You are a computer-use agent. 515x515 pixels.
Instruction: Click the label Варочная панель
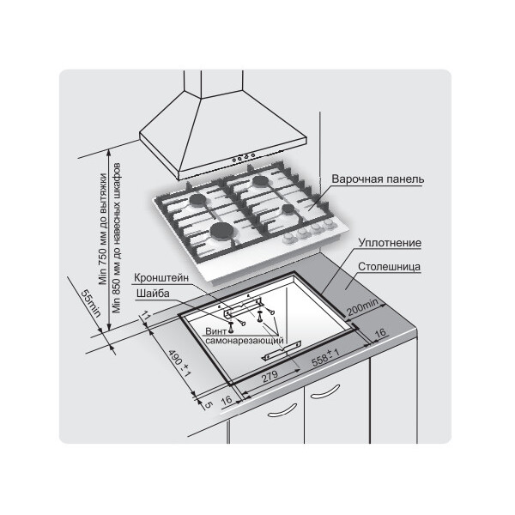378,179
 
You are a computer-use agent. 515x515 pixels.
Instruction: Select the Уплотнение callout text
390,243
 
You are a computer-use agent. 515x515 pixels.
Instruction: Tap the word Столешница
389,266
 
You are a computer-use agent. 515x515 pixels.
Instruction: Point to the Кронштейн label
161,278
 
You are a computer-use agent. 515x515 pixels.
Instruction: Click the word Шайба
153,294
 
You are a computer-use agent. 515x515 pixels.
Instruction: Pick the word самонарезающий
245,340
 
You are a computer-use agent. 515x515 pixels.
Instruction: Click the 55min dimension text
90,303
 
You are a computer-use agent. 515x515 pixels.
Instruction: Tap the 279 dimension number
270,377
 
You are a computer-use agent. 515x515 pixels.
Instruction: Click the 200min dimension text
362,306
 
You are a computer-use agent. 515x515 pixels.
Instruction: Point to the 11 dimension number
146,317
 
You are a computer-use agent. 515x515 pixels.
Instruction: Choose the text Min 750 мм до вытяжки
104,229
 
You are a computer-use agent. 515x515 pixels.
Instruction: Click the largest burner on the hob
221,230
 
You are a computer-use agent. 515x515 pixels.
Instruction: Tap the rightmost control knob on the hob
329,224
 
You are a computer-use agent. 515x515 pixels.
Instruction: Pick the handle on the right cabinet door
325,392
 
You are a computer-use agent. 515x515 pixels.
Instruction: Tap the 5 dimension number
208,405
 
